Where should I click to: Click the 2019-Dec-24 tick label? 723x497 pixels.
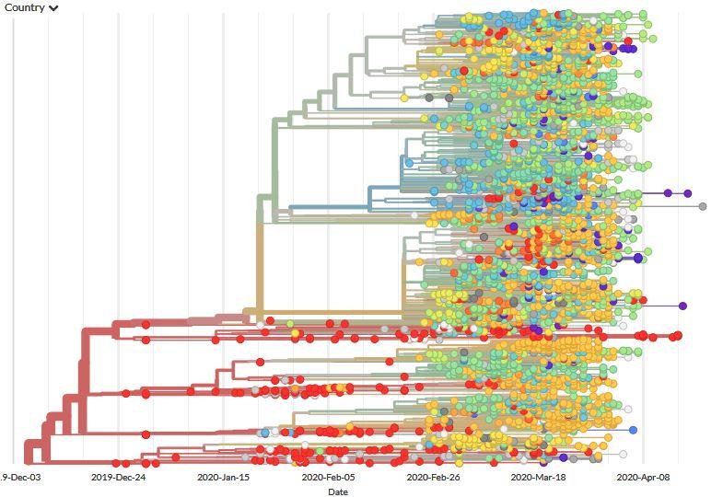[118, 478]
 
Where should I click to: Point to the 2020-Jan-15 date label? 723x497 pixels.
[224, 478]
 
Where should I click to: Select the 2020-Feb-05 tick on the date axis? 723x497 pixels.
[329, 478]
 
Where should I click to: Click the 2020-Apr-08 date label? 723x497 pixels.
[642, 478]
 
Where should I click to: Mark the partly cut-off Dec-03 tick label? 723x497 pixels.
[19, 478]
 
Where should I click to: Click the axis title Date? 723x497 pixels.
[338, 491]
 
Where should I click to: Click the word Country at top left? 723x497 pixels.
[25, 7]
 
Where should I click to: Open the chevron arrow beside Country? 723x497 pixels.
[54, 8]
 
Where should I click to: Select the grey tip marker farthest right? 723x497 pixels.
[703, 206]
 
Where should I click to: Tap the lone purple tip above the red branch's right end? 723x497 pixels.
[682, 306]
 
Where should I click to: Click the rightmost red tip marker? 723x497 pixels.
[678, 335]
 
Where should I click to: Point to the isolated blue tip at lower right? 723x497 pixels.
[633, 430]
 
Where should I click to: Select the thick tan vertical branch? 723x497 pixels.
[260, 267]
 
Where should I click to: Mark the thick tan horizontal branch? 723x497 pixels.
[332, 314]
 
